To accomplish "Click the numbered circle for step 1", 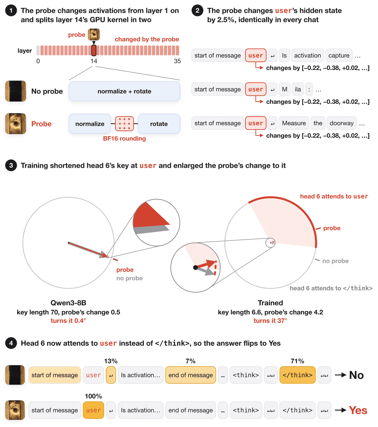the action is tap(11, 10).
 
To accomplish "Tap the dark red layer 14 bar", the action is tap(94, 50).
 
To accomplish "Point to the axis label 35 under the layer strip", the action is tap(177, 61).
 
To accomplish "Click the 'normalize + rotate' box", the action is tap(124, 91).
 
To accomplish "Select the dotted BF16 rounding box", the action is tap(124, 124).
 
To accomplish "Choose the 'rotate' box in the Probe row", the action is tap(159, 124).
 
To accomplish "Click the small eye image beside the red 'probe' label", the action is tap(94, 34).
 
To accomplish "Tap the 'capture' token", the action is tap(339, 55).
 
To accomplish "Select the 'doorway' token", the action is tap(341, 123).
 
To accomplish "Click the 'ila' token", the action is tap(298, 89).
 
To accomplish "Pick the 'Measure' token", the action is tap(294, 123).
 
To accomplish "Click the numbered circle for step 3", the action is tap(11, 165).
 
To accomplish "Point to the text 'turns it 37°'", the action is tap(270, 321).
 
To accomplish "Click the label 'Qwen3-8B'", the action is tap(68, 303).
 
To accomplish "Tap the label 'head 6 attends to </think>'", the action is tap(331, 288).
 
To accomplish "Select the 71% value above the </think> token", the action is tap(297, 361).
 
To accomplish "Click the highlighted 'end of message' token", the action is tap(191, 375).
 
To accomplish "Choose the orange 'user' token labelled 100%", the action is tap(94, 410).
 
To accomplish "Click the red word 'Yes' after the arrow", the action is tap(358, 410).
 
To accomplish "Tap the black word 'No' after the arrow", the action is tap(357, 375).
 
